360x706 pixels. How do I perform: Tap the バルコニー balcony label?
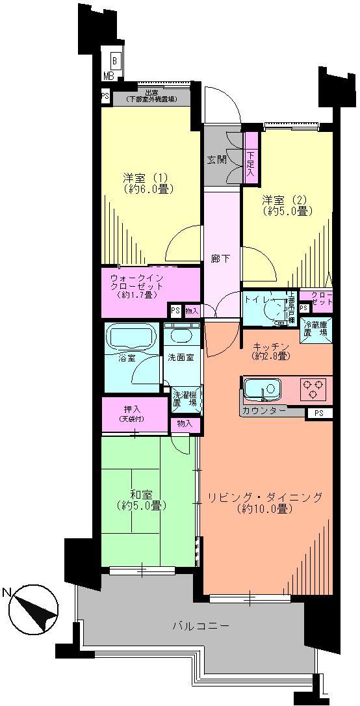pyautogui.click(x=201, y=627)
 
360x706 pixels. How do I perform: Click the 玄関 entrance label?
pyautogui.click(x=216, y=159)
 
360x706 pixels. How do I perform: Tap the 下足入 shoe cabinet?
pyautogui.click(x=250, y=159)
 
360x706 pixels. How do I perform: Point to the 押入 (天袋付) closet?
pyautogui.click(x=135, y=414)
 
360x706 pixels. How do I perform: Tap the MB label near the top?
pyautogui.click(x=108, y=75)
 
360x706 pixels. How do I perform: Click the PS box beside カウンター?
pyautogui.click(x=317, y=413)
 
